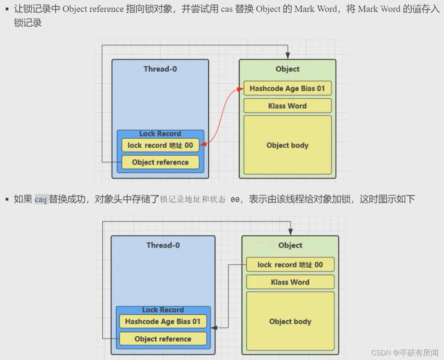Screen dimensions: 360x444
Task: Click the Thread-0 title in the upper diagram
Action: point(160,69)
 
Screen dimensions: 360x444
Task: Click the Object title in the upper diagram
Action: point(287,69)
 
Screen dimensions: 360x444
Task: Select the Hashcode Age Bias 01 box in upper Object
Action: point(287,88)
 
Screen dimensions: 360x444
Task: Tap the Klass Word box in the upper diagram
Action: point(287,106)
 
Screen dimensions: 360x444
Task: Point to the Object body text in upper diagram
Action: point(287,145)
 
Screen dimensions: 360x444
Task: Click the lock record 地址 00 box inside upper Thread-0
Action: point(160,145)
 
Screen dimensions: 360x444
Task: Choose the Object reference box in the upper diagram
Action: point(160,162)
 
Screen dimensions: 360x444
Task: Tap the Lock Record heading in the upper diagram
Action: point(160,134)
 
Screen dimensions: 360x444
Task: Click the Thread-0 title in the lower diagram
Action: point(163,245)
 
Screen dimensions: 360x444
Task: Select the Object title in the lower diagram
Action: point(290,245)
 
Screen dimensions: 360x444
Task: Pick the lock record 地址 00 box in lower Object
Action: point(290,265)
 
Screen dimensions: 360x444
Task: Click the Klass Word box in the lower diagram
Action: point(290,282)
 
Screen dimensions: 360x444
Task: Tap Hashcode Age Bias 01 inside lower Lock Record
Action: point(163,322)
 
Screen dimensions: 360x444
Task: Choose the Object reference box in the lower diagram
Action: point(163,339)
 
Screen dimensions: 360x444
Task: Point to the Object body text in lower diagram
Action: point(290,322)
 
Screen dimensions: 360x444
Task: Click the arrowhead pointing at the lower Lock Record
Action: point(214,328)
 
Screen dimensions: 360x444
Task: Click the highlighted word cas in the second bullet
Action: point(41,199)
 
